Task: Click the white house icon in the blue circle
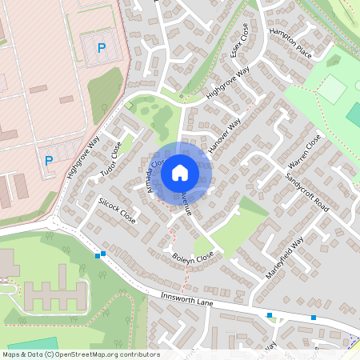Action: click(180, 172)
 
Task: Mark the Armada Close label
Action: click(152, 174)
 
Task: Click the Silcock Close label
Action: click(117, 210)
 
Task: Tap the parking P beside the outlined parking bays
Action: click(101, 48)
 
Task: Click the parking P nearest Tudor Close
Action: click(49, 160)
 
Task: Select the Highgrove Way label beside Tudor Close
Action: click(84, 158)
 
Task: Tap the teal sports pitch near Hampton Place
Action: click(353, 114)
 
